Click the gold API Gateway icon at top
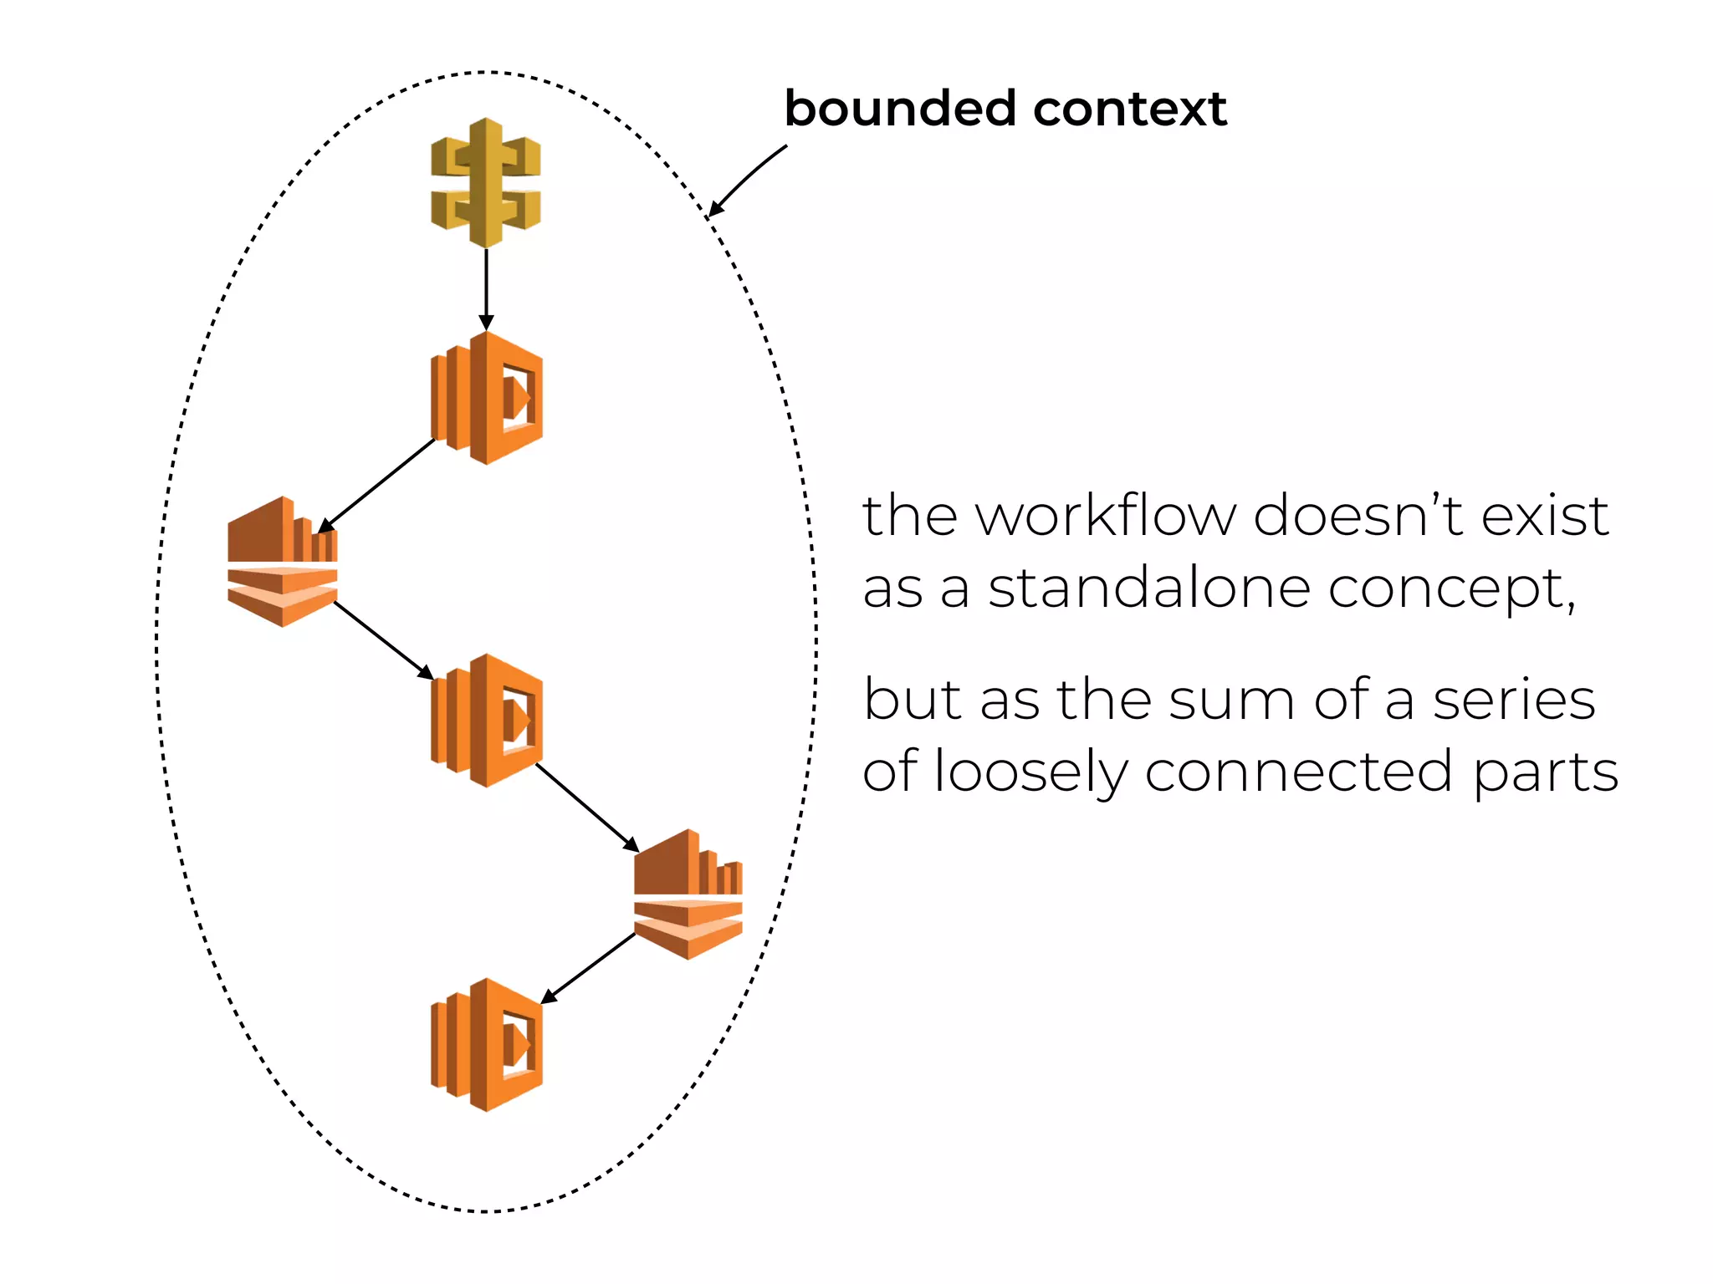pos(486,183)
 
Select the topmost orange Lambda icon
pos(487,398)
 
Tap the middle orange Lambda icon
pos(487,721)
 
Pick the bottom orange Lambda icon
pos(487,1045)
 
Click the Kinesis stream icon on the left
pos(283,562)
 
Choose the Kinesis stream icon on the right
pos(688,894)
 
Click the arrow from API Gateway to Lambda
pos(486,288)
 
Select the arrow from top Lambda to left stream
pos(376,485)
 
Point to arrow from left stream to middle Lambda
pos(383,639)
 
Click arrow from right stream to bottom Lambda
pos(588,968)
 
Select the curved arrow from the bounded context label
pos(746,178)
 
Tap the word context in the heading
pos(1130,109)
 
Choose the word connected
pos(1298,771)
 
